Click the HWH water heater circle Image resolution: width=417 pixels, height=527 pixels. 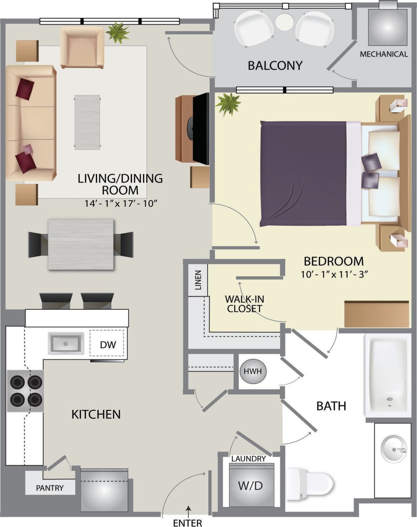pyautogui.click(x=253, y=371)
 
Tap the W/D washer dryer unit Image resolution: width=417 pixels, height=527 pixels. pyautogui.click(x=251, y=485)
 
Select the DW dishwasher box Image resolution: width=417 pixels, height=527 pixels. pyautogui.click(x=107, y=344)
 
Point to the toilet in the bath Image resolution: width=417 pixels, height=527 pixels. pyautogui.click(x=311, y=484)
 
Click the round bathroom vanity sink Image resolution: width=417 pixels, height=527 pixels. pyautogui.click(x=394, y=449)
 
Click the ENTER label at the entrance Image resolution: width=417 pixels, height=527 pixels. pyautogui.click(x=187, y=522)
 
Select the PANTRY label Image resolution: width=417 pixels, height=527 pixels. pyautogui.click(x=50, y=488)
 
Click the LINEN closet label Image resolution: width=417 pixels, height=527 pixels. pyautogui.click(x=198, y=280)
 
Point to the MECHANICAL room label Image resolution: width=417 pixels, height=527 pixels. pyautogui.click(x=384, y=54)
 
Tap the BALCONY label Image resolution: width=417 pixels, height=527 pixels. pyautogui.click(x=275, y=65)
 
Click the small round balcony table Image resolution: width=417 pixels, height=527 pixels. pyautogui.click(x=284, y=21)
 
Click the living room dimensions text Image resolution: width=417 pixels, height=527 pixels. pyautogui.click(x=120, y=203)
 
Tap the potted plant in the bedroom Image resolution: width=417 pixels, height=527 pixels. pyautogui.click(x=228, y=103)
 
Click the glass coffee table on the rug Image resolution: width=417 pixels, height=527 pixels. pyautogui.click(x=87, y=122)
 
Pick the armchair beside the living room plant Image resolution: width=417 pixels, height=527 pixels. pyautogui.click(x=82, y=47)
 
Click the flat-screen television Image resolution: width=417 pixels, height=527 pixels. pyautogui.click(x=200, y=128)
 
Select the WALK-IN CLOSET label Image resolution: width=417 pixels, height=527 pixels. pyautogui.click(x=244, y=304)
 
